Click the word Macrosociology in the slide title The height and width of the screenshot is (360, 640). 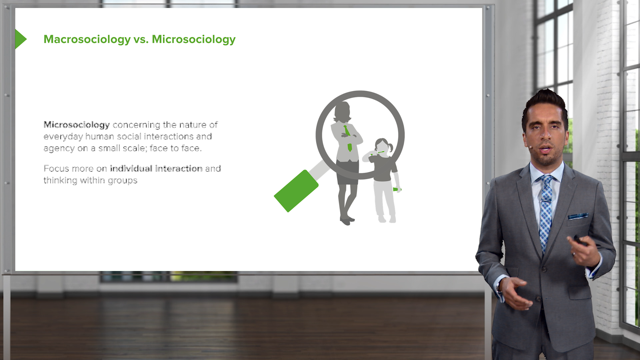[x=87, y=39]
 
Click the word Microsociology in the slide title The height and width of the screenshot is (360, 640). [x=194, y=39]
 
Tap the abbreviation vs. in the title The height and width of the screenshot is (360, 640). [x=141, y=39]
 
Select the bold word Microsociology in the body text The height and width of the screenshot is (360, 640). [x=77, y=125]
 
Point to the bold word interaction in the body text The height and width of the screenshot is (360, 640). [x=179, y=168]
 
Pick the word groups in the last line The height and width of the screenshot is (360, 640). [x=122, y=181]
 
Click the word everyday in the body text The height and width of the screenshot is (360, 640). [x=63, y=137]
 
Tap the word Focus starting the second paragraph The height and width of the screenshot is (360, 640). [x=56, y=168]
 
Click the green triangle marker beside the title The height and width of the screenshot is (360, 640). [x=20, y=39]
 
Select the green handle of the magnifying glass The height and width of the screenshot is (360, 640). [x=296, y=191]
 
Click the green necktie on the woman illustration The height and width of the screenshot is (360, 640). [x=348, y=138]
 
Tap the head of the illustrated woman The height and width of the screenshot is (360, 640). [x=342, y=111]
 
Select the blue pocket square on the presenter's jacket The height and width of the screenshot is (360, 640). [x=578, y=216]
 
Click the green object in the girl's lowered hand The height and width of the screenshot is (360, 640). [x=397, y=190]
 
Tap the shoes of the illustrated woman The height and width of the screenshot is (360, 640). [x=347, y=221]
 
